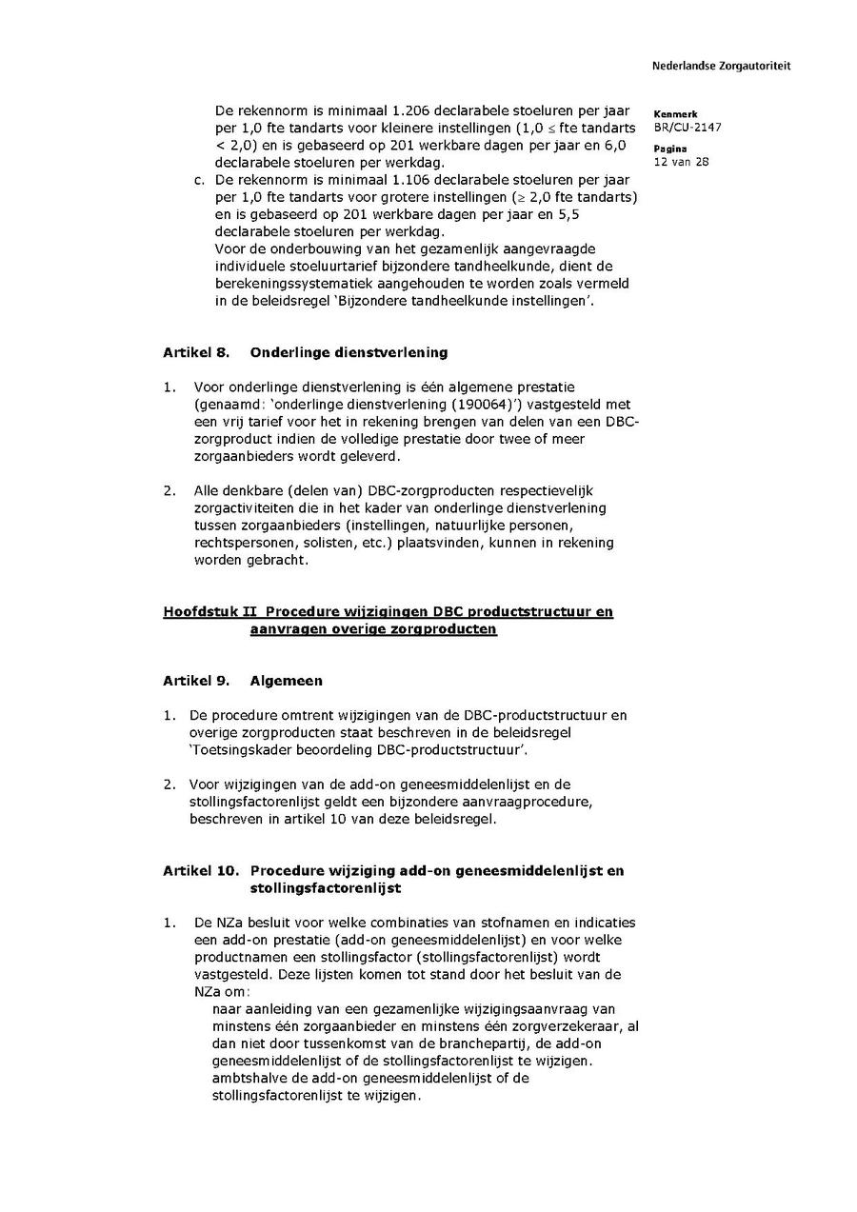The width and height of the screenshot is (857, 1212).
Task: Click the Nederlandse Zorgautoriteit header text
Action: pos(721,67)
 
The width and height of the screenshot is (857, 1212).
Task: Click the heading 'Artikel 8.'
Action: pos(196,352)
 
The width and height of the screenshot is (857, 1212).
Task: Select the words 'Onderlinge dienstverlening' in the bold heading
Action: pos(349,352)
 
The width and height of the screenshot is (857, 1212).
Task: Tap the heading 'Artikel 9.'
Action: pos(196,681)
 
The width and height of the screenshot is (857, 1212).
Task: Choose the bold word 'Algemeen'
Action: pos(286,681)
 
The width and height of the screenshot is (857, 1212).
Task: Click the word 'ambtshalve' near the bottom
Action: pos(248,1078)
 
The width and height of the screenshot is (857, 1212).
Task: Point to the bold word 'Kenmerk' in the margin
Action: pos(675,114)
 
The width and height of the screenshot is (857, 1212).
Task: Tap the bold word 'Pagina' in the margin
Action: pos(670,149)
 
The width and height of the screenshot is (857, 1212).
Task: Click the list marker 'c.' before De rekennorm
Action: pos(199,179)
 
